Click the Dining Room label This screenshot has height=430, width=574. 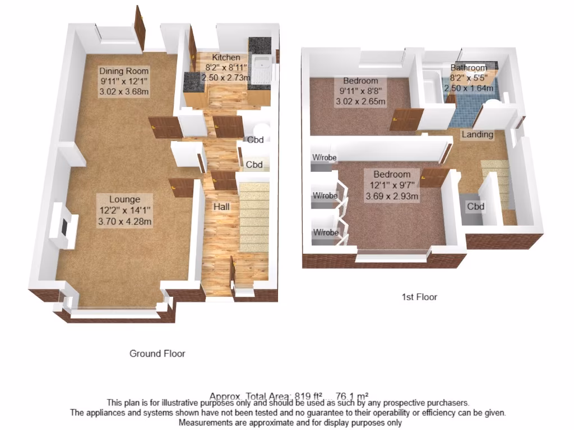click(124, 71)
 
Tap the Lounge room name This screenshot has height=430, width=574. click(124, 199)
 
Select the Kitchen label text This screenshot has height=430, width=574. click(226, 57)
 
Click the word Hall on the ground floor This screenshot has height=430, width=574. click(221, 207)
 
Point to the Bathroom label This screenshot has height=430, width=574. click(469, 68)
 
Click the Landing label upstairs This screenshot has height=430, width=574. click(478, 134)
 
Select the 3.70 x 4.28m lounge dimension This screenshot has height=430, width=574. click(124, 221)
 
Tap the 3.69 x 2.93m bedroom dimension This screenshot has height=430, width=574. click(392, 197)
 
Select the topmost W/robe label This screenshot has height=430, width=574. click(325, 158)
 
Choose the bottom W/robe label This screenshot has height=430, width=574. click(325, 232)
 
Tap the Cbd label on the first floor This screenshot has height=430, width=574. click(476, 207)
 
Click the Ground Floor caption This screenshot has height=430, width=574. click(157, 353)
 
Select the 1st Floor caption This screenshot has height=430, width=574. click(419, 297)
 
